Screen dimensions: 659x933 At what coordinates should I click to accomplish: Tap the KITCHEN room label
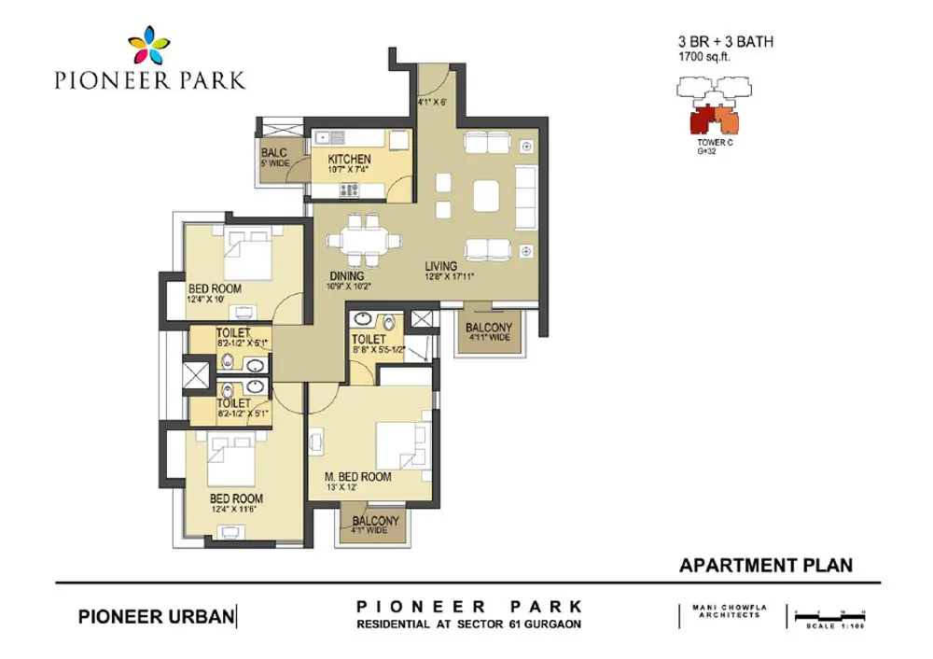[349, 160]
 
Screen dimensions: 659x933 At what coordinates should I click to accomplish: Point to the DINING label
[346, 275]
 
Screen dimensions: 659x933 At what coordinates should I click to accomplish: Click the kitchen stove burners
[352, 190]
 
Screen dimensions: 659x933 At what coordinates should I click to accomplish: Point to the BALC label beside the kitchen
[274, 152]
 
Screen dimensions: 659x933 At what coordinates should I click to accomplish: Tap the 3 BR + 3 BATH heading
[725, 42]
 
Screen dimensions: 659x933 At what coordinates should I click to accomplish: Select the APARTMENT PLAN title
[765, 565]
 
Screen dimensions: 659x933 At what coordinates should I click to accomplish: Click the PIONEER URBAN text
[155, 616]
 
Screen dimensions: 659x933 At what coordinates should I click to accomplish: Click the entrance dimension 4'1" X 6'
[433, 104]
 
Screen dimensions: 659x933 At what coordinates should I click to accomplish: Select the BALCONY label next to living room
[489, 328]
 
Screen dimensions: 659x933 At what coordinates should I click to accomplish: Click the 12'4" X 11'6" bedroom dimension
[236, 511]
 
